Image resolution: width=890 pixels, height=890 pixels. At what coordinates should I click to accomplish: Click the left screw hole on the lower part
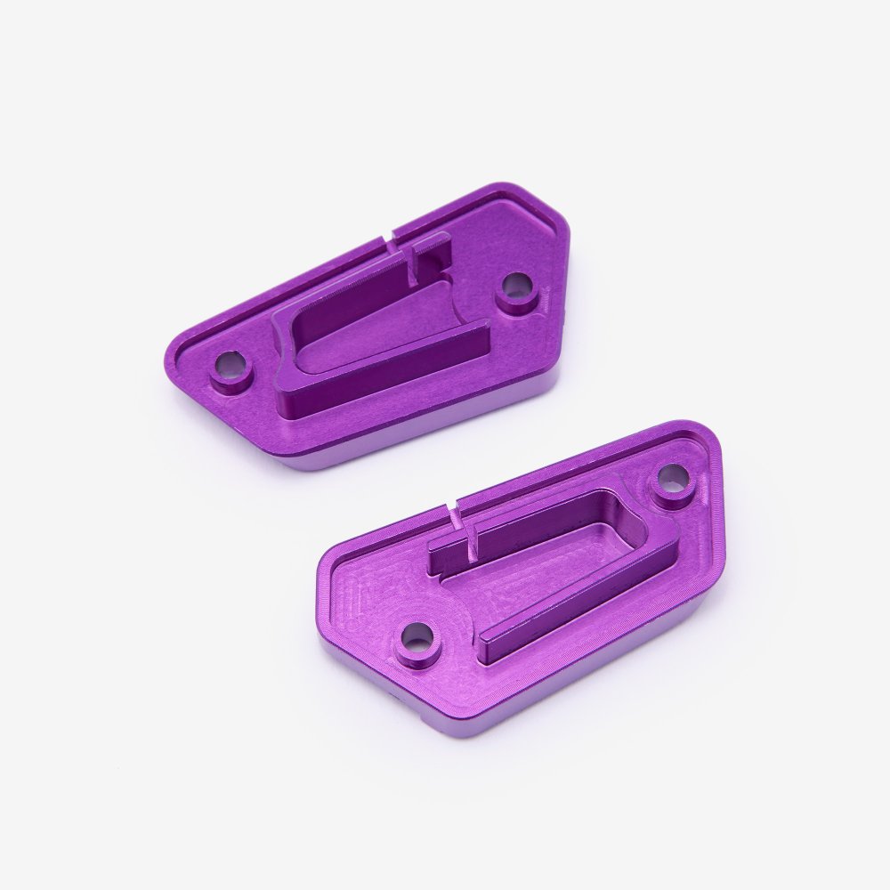pyautogui.click(x=417, y=636)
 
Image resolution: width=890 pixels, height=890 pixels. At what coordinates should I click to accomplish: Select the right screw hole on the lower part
pyautogui.click(x=673, y=479)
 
